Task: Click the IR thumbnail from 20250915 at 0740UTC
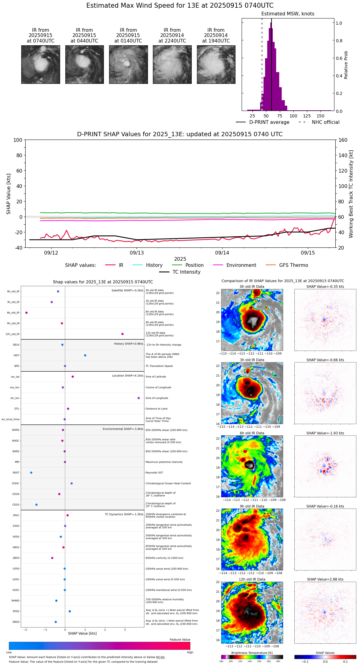coord(40,64)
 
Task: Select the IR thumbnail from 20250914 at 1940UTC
coord(216,64)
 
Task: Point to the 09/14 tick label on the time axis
coord(222,253)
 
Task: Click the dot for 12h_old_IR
coord(122,334)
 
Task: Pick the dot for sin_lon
coord(139,398)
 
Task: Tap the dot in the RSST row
coord(31,473)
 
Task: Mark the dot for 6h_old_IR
coord(27,313)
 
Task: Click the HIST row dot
coord(85,355)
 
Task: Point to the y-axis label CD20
coord(16,505)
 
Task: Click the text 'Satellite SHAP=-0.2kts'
coord(127,290)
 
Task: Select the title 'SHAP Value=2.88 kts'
coord(325,579)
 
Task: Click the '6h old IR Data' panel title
coord(252,433)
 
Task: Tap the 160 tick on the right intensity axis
coord(343,140)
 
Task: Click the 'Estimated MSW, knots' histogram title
coord(288,14)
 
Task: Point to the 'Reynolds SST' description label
coord(154,473)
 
